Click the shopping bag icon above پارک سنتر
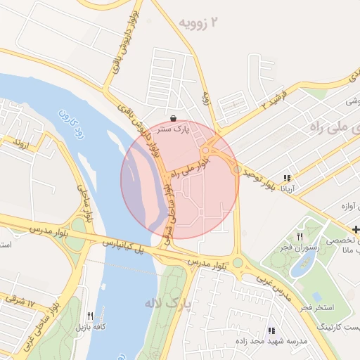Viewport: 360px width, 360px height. pos(174,118)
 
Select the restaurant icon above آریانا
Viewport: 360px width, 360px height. pos(286,178)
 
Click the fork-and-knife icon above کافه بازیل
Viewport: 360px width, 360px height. pos(90,316)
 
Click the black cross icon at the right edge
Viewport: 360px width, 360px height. pos(356,229)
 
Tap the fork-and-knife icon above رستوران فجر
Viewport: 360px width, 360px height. pos(300,236)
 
